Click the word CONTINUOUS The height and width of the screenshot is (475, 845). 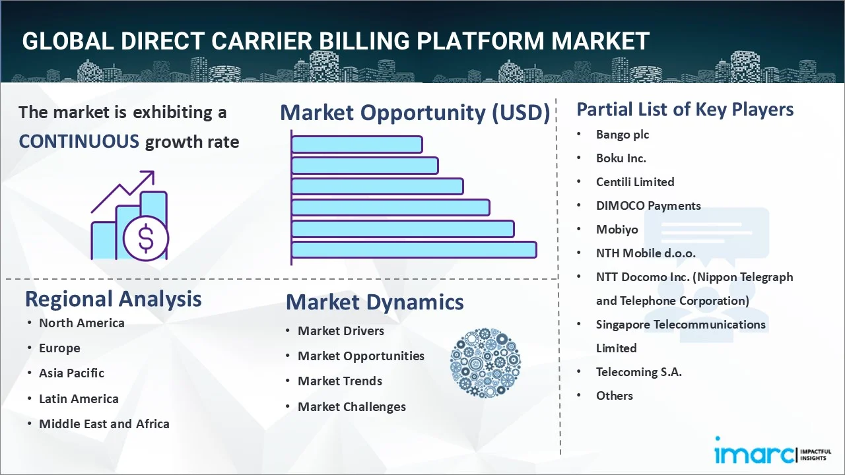(79, 142)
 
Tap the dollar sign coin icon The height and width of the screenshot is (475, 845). (146, 238)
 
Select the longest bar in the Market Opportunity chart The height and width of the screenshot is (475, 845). (414, 249)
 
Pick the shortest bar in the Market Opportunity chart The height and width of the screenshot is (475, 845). (357, 144)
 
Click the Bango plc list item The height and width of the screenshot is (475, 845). (623, 135)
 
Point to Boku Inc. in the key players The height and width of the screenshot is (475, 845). (621, 158)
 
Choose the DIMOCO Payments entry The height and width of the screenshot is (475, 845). (648, 206)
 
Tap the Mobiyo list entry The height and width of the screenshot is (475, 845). (617, 230)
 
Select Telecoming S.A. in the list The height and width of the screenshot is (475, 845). (639, 372)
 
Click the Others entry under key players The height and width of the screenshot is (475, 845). (615, 396)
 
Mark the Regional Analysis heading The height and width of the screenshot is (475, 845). (113, 300)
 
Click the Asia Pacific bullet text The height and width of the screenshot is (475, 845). (72, 373)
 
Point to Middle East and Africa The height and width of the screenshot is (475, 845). (104, 424)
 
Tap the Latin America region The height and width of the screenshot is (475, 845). (79, 399)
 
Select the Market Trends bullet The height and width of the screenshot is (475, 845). (340, 381)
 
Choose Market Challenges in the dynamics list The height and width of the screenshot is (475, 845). (352, 407)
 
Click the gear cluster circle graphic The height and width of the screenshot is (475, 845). (485, 363)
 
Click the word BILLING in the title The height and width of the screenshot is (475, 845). (364, 41)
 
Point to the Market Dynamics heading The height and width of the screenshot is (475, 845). (374, 302)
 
